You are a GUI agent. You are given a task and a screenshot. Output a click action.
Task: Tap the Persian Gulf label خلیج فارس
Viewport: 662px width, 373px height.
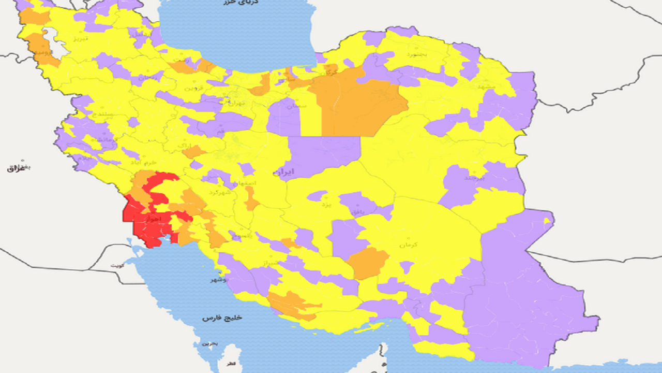click(x=223, y=317)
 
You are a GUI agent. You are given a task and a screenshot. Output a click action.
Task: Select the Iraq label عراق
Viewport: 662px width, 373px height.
click(x=16, y=169)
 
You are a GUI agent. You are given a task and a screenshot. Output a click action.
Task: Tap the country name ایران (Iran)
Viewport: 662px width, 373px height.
click(x=283, y=171)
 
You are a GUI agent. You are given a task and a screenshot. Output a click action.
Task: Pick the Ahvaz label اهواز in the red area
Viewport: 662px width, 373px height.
click(x=155, y=220)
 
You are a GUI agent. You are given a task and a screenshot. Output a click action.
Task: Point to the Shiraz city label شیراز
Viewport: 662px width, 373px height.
click(x=272, y=263)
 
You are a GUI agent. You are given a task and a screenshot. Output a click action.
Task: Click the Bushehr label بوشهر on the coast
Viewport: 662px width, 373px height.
click(x=218, y=280)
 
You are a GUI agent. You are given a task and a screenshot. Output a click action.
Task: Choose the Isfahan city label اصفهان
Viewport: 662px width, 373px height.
click(x=243, y=183)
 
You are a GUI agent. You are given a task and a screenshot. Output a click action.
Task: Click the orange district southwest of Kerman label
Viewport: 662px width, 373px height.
click(x=368, y=263)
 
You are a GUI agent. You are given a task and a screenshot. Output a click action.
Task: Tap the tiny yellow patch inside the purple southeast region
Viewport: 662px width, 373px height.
click(x=546, y=221)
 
